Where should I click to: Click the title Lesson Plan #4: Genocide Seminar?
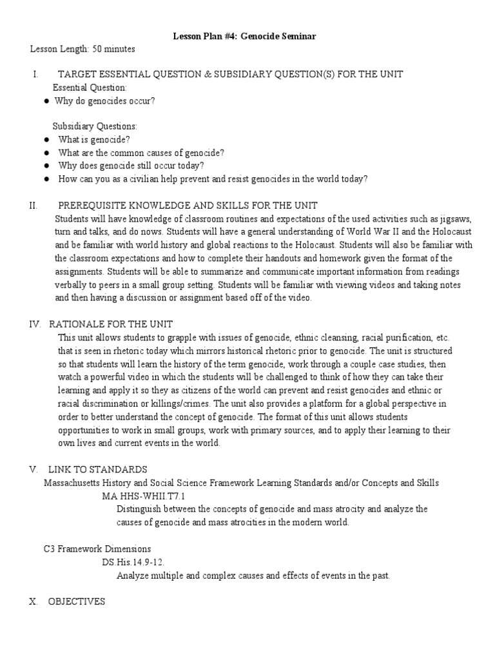[x=244, y=37]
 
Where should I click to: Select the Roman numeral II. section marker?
[x=34, y=206]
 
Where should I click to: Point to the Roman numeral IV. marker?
[x=35, y=324]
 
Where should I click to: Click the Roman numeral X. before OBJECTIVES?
[x=35, y=601]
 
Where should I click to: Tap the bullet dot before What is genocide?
[x=47, y=139]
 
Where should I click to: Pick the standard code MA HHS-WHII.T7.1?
[x=144, y=496]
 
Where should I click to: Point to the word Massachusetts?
[x=72, y=483]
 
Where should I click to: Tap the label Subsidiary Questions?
[x=95, y=126]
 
